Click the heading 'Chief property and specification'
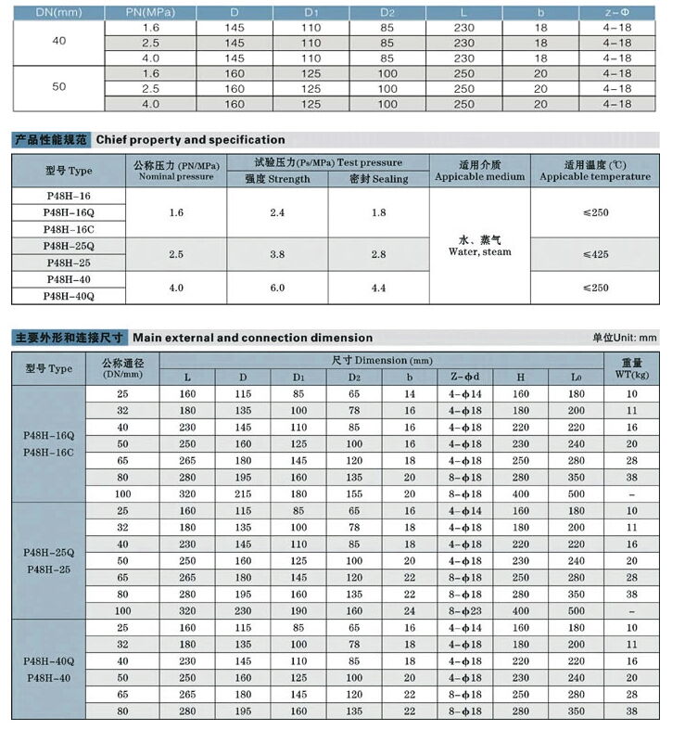(190, 140)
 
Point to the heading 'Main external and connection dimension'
(252, 338)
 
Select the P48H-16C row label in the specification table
(69, 229)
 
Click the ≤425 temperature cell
(595, 254)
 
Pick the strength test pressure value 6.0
(277, 288)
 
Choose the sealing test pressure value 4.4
(378, 288)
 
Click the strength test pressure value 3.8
(277, 254)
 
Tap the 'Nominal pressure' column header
(176, 171)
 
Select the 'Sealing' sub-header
(378, 179)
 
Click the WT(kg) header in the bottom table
(631, 368)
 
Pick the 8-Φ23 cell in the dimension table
(464, 611)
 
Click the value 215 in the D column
(243, 493)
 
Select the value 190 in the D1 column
(298, 611)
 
